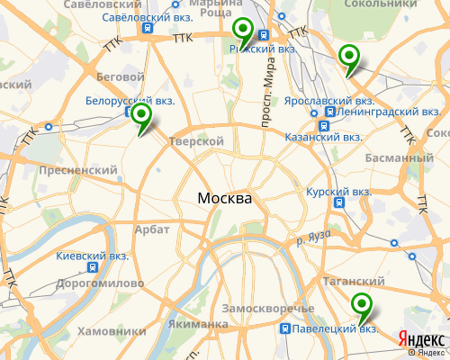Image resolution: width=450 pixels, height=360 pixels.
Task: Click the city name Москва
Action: [225, 198]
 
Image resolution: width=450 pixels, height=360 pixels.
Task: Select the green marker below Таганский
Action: [362, 306]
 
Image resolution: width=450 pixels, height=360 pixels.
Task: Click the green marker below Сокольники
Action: [348, 58]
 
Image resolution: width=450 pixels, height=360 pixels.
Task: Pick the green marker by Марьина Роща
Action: [242, 33]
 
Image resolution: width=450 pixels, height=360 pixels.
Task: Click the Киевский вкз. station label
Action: [93, 256]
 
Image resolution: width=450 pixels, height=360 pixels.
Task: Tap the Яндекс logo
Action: [420, 339]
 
